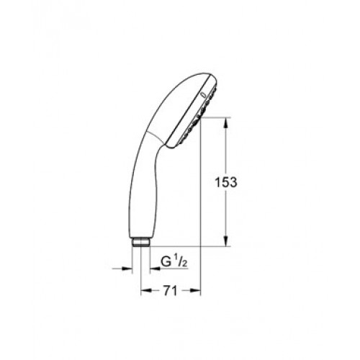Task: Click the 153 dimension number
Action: [225, 182]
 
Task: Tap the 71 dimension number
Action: [170, 291]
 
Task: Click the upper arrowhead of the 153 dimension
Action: [225, 123]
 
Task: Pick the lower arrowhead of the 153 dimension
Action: [225, 240]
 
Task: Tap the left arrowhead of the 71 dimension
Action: [146, 291]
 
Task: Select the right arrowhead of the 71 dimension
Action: [194, 291]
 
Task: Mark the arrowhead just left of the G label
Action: [155, 269]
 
